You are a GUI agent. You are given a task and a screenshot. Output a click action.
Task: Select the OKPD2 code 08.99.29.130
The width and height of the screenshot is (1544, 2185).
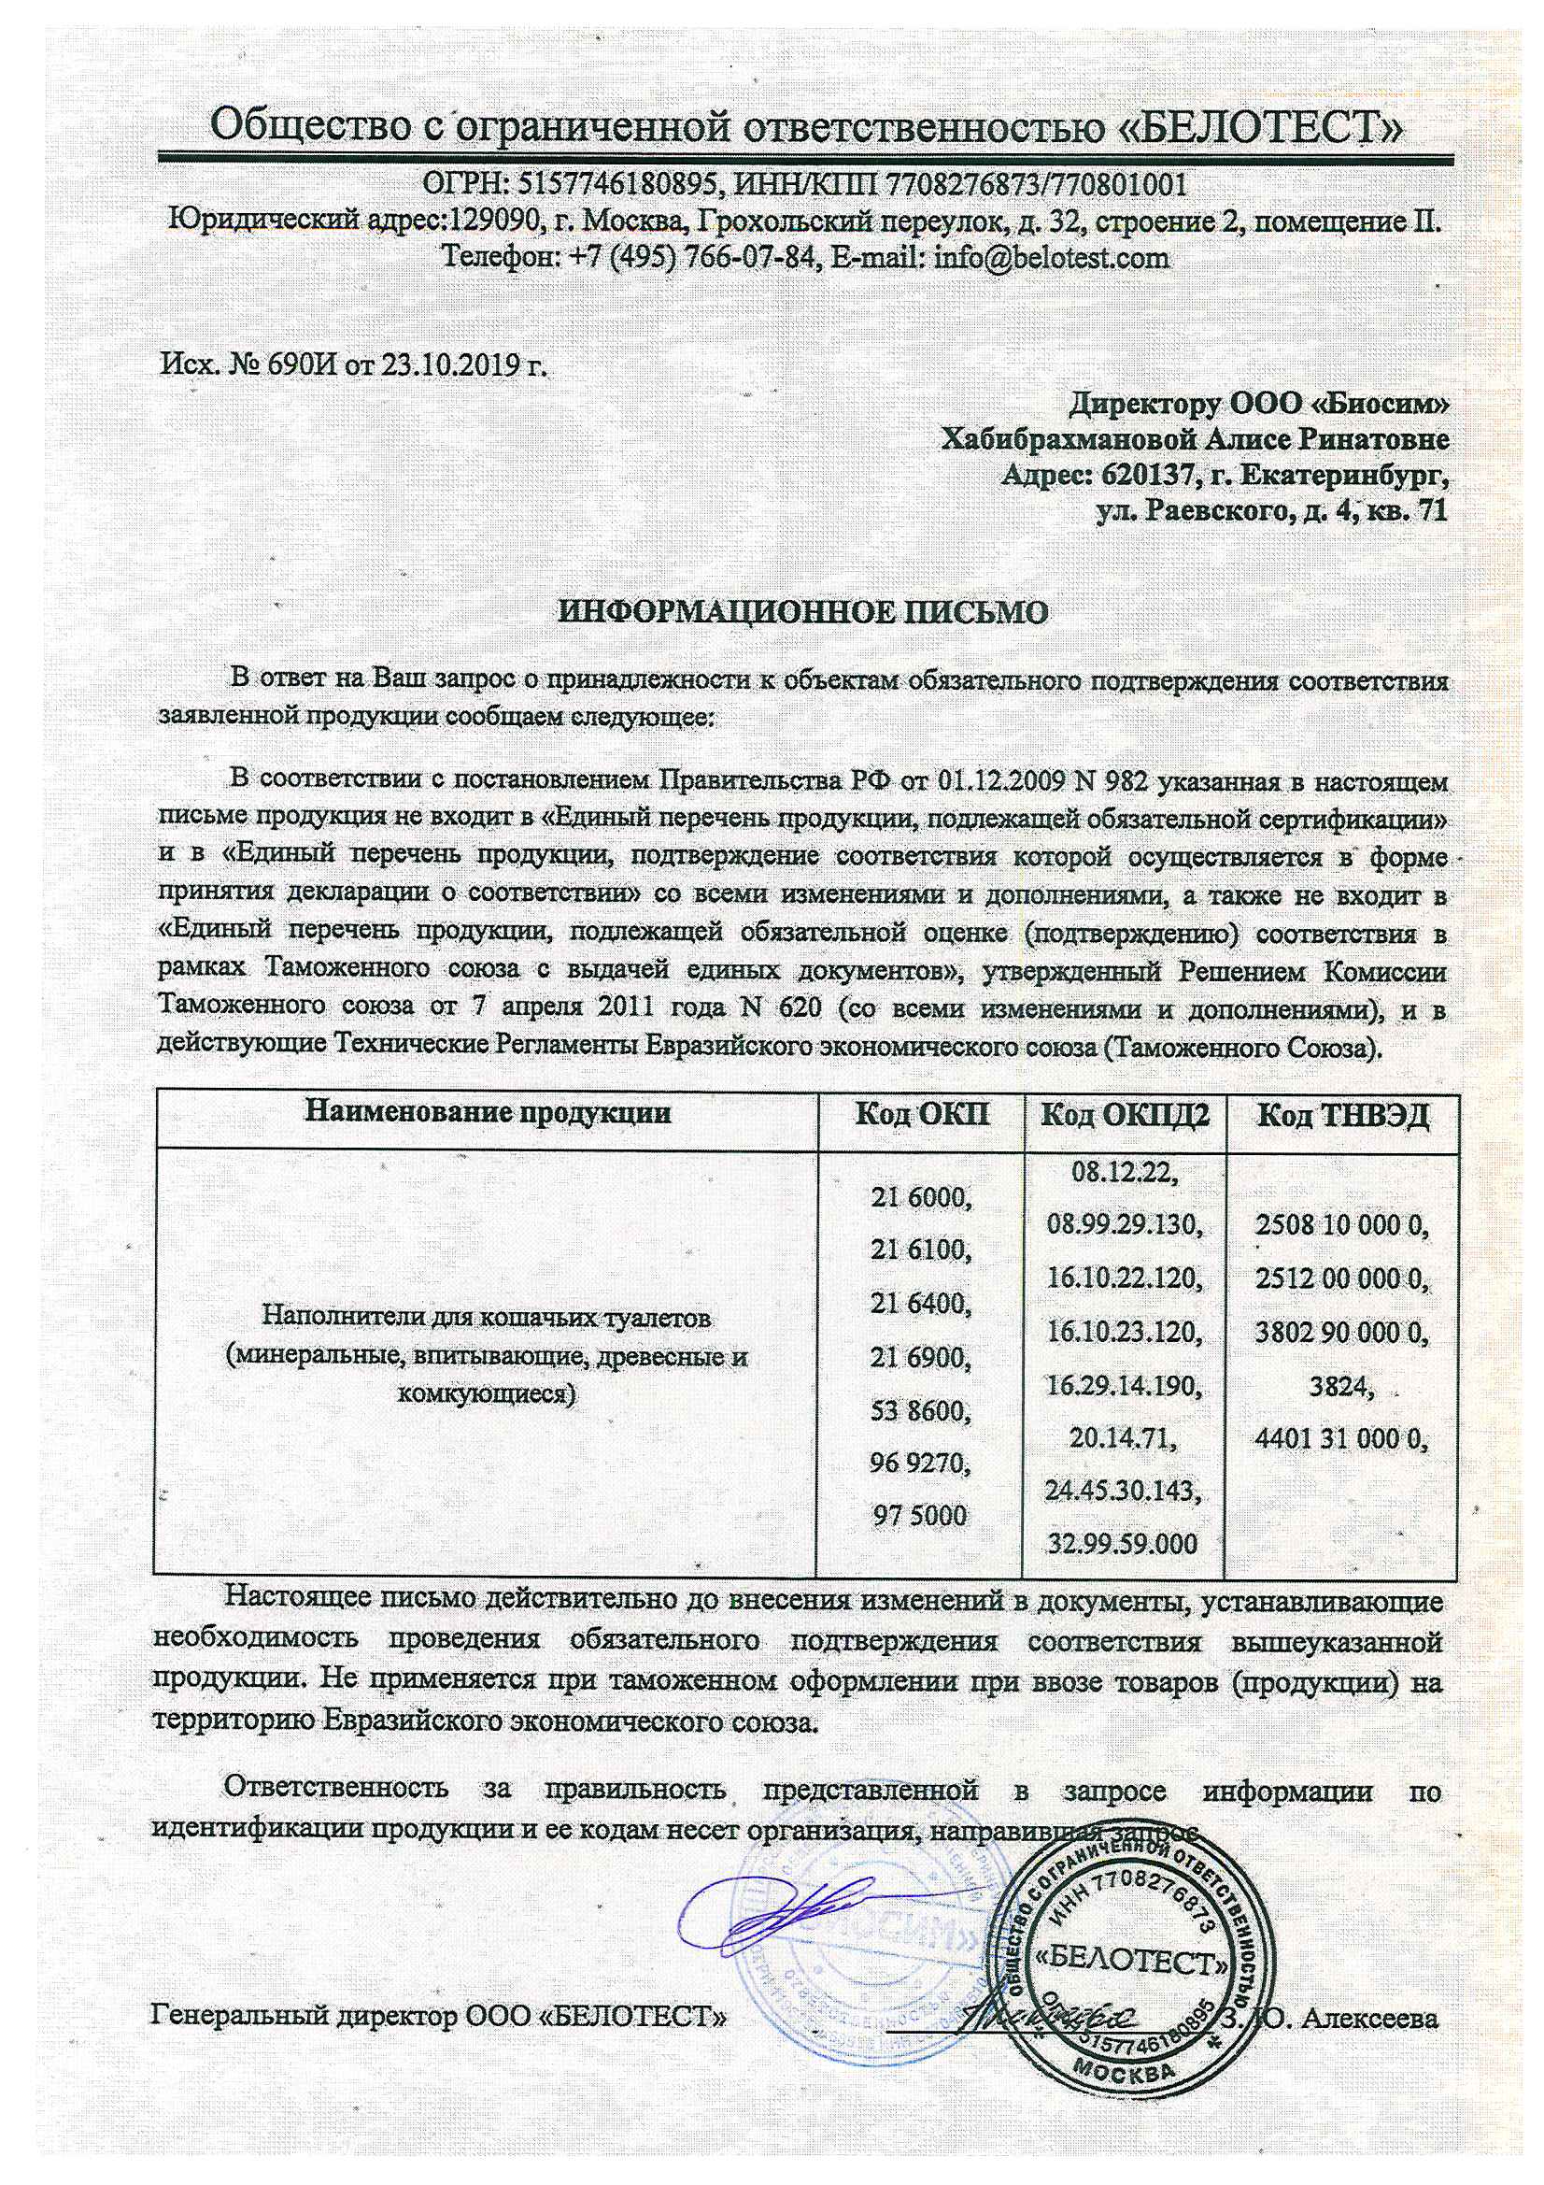[x=1125, y=1223]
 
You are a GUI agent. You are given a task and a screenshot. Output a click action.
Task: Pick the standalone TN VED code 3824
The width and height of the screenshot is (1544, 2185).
[x=1341, y=1386]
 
